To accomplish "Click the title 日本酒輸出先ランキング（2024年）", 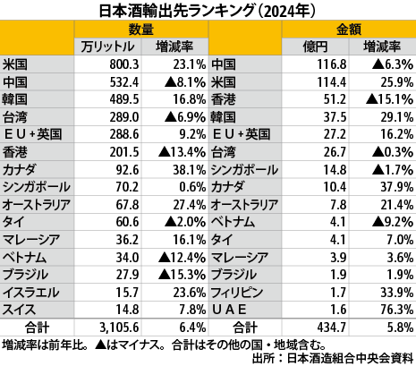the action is click(207, 12).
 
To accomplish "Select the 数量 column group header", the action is click(141, 30).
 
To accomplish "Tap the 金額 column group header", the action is click(349, 30).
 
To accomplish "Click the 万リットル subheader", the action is click(107, 47).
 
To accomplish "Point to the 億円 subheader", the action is click(315, 47).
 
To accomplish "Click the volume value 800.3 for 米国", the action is click(124, 64).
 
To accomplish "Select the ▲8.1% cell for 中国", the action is click(185, 82).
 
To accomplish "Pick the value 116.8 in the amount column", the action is click(332, 64).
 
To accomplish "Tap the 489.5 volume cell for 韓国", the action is click(124, 99).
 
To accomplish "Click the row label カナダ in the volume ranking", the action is click(20, 170).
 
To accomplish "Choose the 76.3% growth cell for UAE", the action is click(397, 310).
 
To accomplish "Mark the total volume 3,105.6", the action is click(119, 328).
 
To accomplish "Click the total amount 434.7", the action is click(332, 328).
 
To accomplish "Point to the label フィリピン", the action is click(237, 293).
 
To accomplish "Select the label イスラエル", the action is click(30, 293).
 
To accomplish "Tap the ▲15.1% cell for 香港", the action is click(390, 99).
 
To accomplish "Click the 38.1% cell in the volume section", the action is click(190, 170).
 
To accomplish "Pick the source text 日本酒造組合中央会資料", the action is click(350, 358).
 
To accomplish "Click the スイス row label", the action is click(19, 310).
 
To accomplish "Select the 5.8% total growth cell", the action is click(400, 328).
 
